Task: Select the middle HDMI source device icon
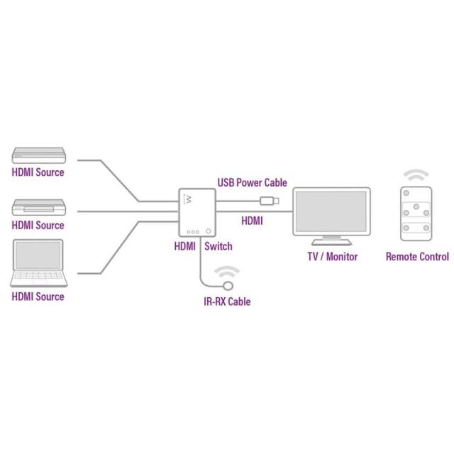point(38,208)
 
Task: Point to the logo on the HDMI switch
point(189,199)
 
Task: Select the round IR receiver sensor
point(228,286)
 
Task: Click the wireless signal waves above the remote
point(416,175)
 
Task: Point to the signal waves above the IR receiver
point(228,272)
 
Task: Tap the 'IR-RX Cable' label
point(227,302)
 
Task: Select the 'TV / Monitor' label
point(332,257)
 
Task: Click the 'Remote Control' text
point(417,257)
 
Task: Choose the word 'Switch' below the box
point(218,247)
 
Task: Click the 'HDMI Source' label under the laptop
point(38,297)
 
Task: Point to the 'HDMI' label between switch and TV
point(252,221)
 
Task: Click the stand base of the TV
point(332,243)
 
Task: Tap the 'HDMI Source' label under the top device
point(38,172)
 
